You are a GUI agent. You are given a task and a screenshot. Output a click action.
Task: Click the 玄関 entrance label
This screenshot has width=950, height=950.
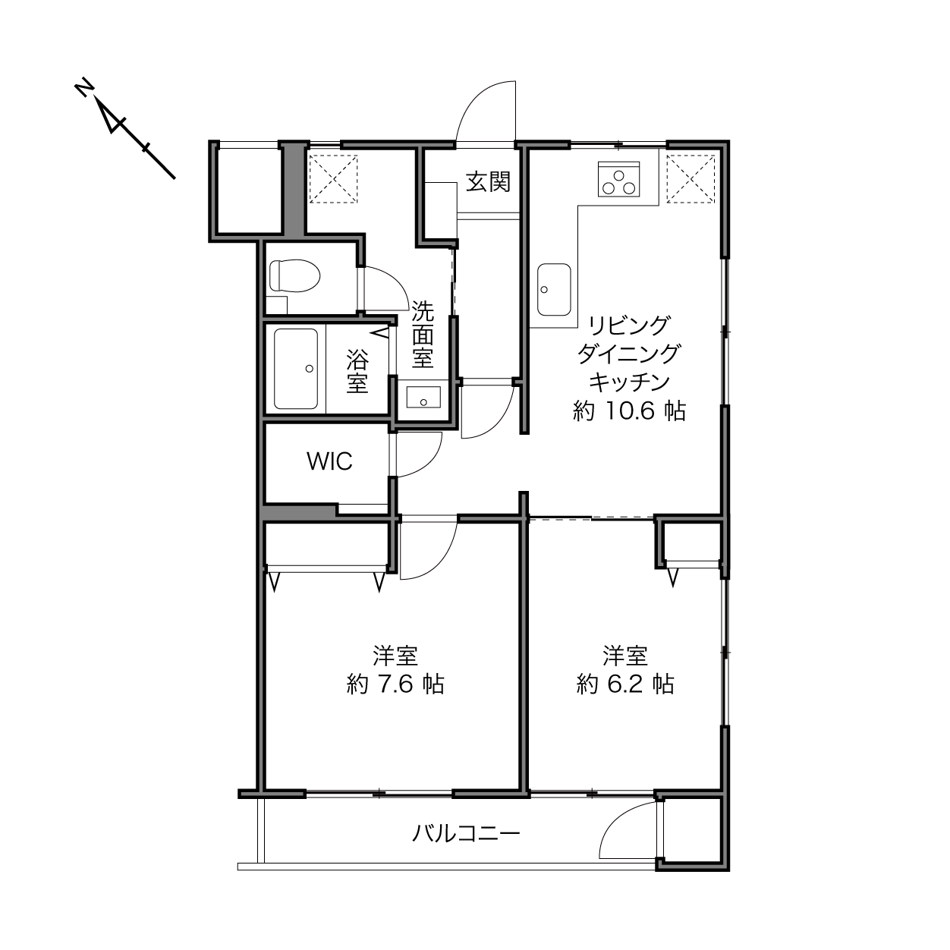coord(488,182)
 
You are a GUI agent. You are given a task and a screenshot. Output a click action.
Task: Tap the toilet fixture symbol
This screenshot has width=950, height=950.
coord(295,275)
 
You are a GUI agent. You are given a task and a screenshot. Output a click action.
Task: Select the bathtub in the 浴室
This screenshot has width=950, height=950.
coord(296,369)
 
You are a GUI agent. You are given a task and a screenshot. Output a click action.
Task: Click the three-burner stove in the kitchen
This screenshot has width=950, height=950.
coord(618,178)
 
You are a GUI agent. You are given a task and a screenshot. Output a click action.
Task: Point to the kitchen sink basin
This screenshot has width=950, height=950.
coord(554,289)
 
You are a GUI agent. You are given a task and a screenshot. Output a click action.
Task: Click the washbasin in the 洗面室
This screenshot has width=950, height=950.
coord(423,397)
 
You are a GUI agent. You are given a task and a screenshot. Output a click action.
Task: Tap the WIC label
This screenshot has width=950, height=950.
coord(329,461)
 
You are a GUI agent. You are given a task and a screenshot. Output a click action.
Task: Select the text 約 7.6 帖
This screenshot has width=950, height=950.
coord(395,684)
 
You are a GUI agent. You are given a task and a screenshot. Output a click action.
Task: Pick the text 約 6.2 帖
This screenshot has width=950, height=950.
coord(625,684)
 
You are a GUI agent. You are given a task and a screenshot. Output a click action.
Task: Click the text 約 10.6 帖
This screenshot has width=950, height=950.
coord(630,411)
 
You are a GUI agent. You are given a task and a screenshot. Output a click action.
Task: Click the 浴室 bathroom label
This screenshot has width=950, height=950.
coord(357,371)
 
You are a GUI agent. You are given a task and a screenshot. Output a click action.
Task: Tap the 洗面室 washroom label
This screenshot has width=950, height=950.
coord(423,335)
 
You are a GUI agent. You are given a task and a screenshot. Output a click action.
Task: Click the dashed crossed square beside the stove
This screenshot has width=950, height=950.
coord(690,178)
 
